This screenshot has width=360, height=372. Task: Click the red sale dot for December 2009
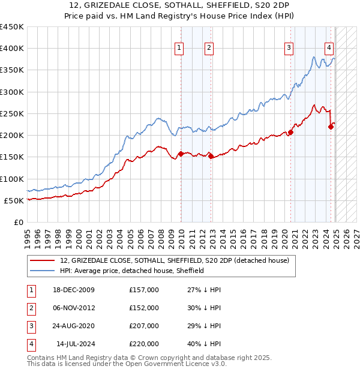pyautogui.click(x=181, y=154)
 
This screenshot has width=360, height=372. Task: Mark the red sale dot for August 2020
pyautogui.click(x=290, y=133)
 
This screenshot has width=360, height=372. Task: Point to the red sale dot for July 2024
pyautogui.click(x=331, y=127)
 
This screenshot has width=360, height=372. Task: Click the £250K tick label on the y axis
pyautogui.click(x=12, y=113)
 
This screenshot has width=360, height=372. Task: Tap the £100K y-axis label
pyautogui.click(x=12, y=179)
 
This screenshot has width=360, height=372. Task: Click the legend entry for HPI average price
pyautogui.click(x=132, y=271)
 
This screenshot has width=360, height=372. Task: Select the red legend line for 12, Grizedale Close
pyautogui.click(x=42, y=260)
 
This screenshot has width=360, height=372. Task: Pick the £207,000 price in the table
pyautogui.click(x=144, y=326)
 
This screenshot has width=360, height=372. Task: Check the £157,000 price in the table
pyautogui.click(x=144, y=290)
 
